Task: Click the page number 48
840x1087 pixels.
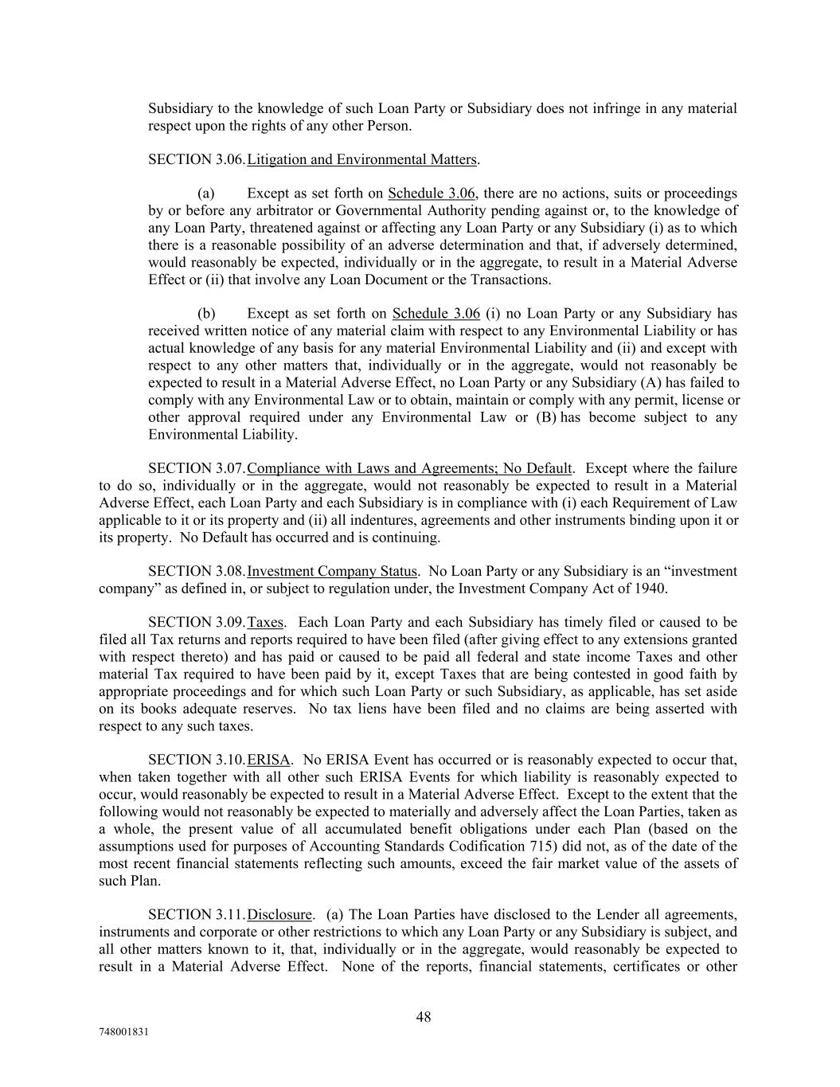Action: (424, 1017)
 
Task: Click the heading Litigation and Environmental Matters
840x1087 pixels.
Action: (361, 160)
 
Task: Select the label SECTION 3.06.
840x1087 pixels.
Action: (197, 160)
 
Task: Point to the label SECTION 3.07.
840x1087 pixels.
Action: (197, 468)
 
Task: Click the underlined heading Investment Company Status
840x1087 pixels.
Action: (332, 572)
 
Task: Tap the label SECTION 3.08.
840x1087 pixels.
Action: (197, 572)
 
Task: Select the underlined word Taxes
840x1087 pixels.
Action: (266, 623)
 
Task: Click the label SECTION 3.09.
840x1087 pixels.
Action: (197, 623)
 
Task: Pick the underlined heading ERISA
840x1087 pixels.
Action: (269, 761)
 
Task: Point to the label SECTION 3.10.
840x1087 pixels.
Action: (197, 761)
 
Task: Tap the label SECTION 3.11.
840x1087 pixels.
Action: (197, 915)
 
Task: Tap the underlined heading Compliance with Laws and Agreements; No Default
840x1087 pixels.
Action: (409, 468)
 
